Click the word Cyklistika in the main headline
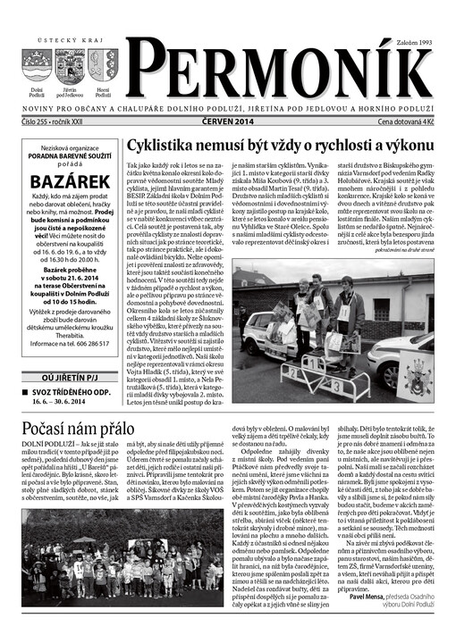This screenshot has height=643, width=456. tap(161, 146)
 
